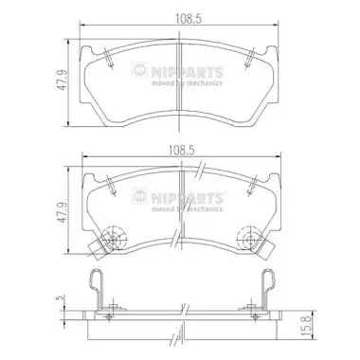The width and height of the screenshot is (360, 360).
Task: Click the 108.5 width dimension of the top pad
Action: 189,19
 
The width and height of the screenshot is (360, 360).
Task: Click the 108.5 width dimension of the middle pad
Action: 183,151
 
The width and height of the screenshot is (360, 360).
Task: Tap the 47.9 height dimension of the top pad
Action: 63,81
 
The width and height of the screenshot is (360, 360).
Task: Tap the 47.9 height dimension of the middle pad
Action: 63,212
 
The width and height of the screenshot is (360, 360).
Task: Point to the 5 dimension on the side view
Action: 58,298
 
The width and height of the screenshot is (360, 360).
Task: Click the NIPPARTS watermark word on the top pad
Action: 187,71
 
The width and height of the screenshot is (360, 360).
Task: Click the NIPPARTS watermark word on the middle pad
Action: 187,198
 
